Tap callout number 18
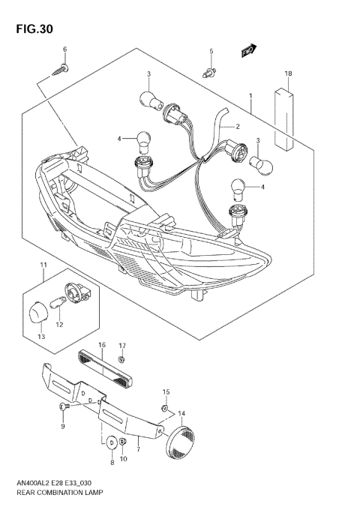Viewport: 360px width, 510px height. [288, 73]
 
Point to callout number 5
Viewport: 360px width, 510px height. [211, 51]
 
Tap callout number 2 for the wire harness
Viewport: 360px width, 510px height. [237, 127]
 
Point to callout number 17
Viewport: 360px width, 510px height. [121, 346]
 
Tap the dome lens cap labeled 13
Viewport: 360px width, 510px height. [40, 310]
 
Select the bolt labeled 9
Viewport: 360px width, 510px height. [64, 406]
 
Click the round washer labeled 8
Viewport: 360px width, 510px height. [112, 443]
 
